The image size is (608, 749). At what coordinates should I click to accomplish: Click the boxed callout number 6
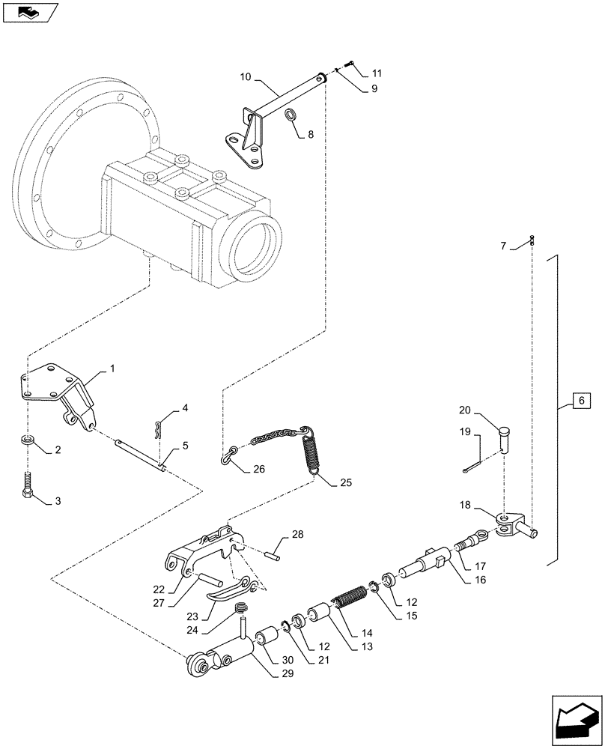coord(580,401)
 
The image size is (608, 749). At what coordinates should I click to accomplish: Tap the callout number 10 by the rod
coord(246,76)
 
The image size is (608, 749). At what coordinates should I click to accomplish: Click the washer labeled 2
coord(27,440)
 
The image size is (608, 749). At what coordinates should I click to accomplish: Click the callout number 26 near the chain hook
coord(259,470)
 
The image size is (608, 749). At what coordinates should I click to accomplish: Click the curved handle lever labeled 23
coord(228,590)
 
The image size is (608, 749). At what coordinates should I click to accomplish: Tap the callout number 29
coord(288,674)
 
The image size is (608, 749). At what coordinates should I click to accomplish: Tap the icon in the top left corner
coord(29,11)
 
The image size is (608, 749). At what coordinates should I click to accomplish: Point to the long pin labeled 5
coord(141,455)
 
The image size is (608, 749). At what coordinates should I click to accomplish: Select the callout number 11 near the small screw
coord(376,73)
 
